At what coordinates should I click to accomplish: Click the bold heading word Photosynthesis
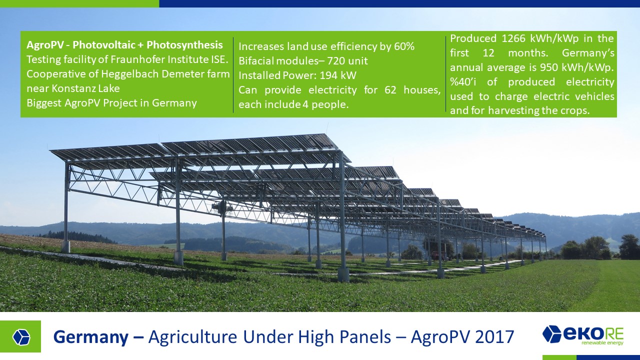tap(184, 45)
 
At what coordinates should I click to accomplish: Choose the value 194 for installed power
tap(328, 75)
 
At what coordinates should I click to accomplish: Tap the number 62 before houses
tap(390, 90)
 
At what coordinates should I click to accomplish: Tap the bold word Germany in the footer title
tap(91, 337)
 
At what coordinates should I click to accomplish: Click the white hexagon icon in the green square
tap(21, 337)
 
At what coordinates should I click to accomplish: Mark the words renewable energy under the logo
tap(602, 343)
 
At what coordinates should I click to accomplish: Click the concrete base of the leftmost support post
tap(66, 246)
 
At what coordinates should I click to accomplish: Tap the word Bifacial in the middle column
tap(253, 61)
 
